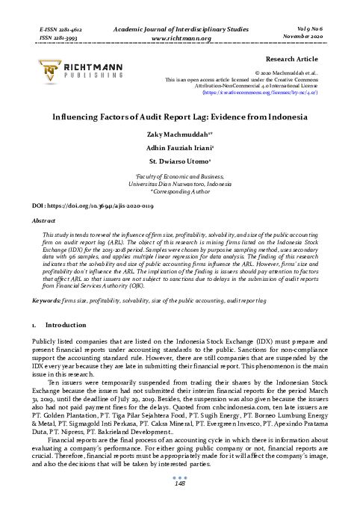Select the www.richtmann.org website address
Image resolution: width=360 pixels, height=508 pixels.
pos(179,35)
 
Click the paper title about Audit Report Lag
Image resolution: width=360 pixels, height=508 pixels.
pos(179,118)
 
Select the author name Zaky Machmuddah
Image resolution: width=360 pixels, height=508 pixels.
pos(179,135)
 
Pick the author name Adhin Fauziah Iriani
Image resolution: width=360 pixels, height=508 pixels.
pos(179,148)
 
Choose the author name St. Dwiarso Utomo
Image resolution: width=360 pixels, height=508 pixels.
pos(179,161)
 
